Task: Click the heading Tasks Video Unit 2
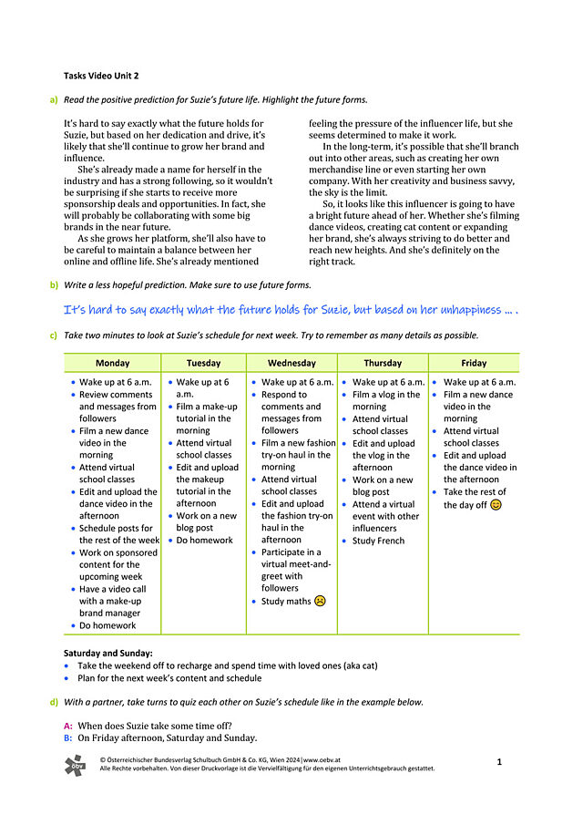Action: point(101,76)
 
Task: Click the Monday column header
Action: point(112,363)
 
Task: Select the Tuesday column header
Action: point(203,363)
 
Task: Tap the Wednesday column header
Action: point(291,363)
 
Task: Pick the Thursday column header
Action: point(383,363)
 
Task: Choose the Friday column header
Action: point(474,363)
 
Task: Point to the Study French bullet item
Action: point(378,541)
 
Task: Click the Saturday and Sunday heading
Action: point(108,653)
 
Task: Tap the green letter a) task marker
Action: point(54,99)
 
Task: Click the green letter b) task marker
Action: point(54,285)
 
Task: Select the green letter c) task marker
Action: point(54,335)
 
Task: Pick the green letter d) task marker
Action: point(54,702)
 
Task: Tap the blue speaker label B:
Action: point(68,737)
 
